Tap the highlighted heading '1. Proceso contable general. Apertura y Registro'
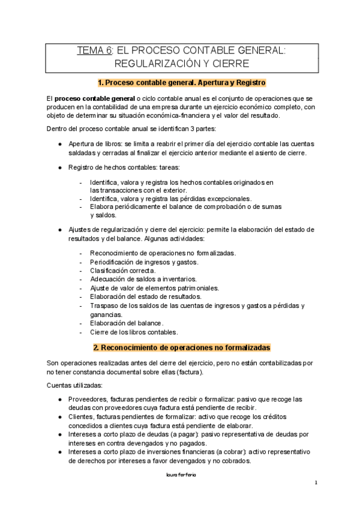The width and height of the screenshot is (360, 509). [181, 82]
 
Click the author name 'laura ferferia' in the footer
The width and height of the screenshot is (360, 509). [180, 474]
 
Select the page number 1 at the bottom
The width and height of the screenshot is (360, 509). [316, 483]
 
